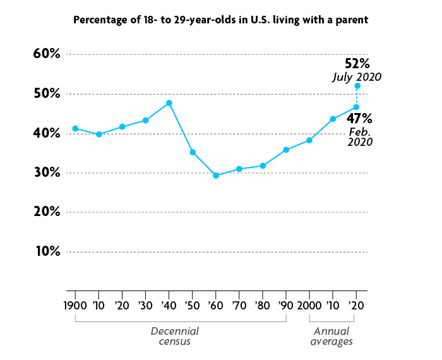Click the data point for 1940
pos(169,103)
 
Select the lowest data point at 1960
pos(216,176)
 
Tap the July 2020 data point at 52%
pos(357,86)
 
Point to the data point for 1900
pos(75,129)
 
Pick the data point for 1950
pos(193,152)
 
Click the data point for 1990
pos(286,150)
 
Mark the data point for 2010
pos(333,119)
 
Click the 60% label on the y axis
pos(47,54)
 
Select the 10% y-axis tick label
pos(47,251)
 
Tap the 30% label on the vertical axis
pos(47,172)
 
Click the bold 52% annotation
pos(357,64)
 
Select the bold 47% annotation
pos(359,119)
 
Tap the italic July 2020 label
pos(357,77)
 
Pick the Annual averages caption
pos(332,336)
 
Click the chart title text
pos(220,20)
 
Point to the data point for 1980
pos(263,165)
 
